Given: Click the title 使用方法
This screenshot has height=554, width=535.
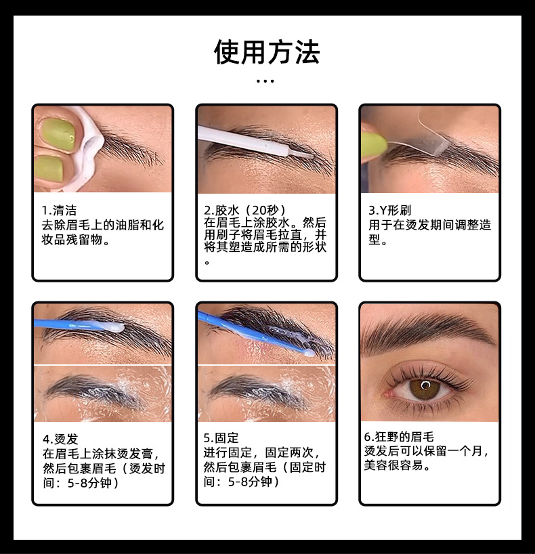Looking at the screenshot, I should (267, 52).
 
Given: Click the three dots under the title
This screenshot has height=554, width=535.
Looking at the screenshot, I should (266, 81).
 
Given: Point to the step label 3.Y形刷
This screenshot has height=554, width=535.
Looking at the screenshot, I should (389, 211).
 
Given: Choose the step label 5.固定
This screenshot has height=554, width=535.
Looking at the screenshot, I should (221, 438).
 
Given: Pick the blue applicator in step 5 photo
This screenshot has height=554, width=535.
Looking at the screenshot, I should (251, 333).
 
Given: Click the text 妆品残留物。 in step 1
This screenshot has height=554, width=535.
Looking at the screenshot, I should (75, 240).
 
